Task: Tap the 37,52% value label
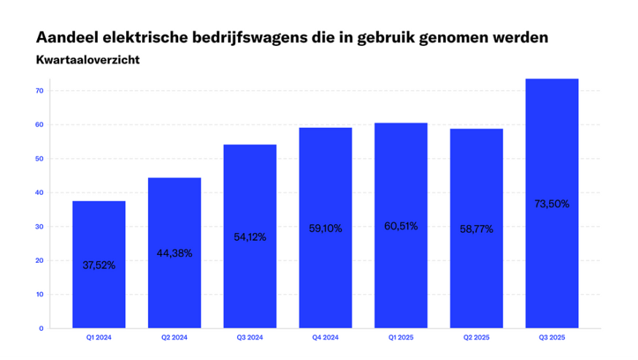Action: pyautogui.click(x=99, y=265)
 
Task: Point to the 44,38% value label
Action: pyautogui.click(x=174, y=253)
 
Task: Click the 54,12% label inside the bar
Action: pyautogui.click(x=250, y=237)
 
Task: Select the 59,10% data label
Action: pyautogui.click(x=326, y=228)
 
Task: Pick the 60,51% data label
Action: pyautogui.click(x=401, y=226)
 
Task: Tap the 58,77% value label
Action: pyautogui.click(x=476, y=229)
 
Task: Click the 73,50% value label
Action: pyautogui.click(x=551, y=204)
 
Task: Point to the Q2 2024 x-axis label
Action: pyautogui.click(x=174, y=337)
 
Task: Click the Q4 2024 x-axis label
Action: pyautogui.click(x=326, y=337)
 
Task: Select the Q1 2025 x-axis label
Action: pyautogui.click(x=401, y=337)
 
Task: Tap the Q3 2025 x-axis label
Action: pyautogui.click(x=551, y=337)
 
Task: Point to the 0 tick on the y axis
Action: pyautogui.click(x=42, y=329)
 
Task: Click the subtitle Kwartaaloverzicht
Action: pyautogui.click(x=87, y=60)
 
